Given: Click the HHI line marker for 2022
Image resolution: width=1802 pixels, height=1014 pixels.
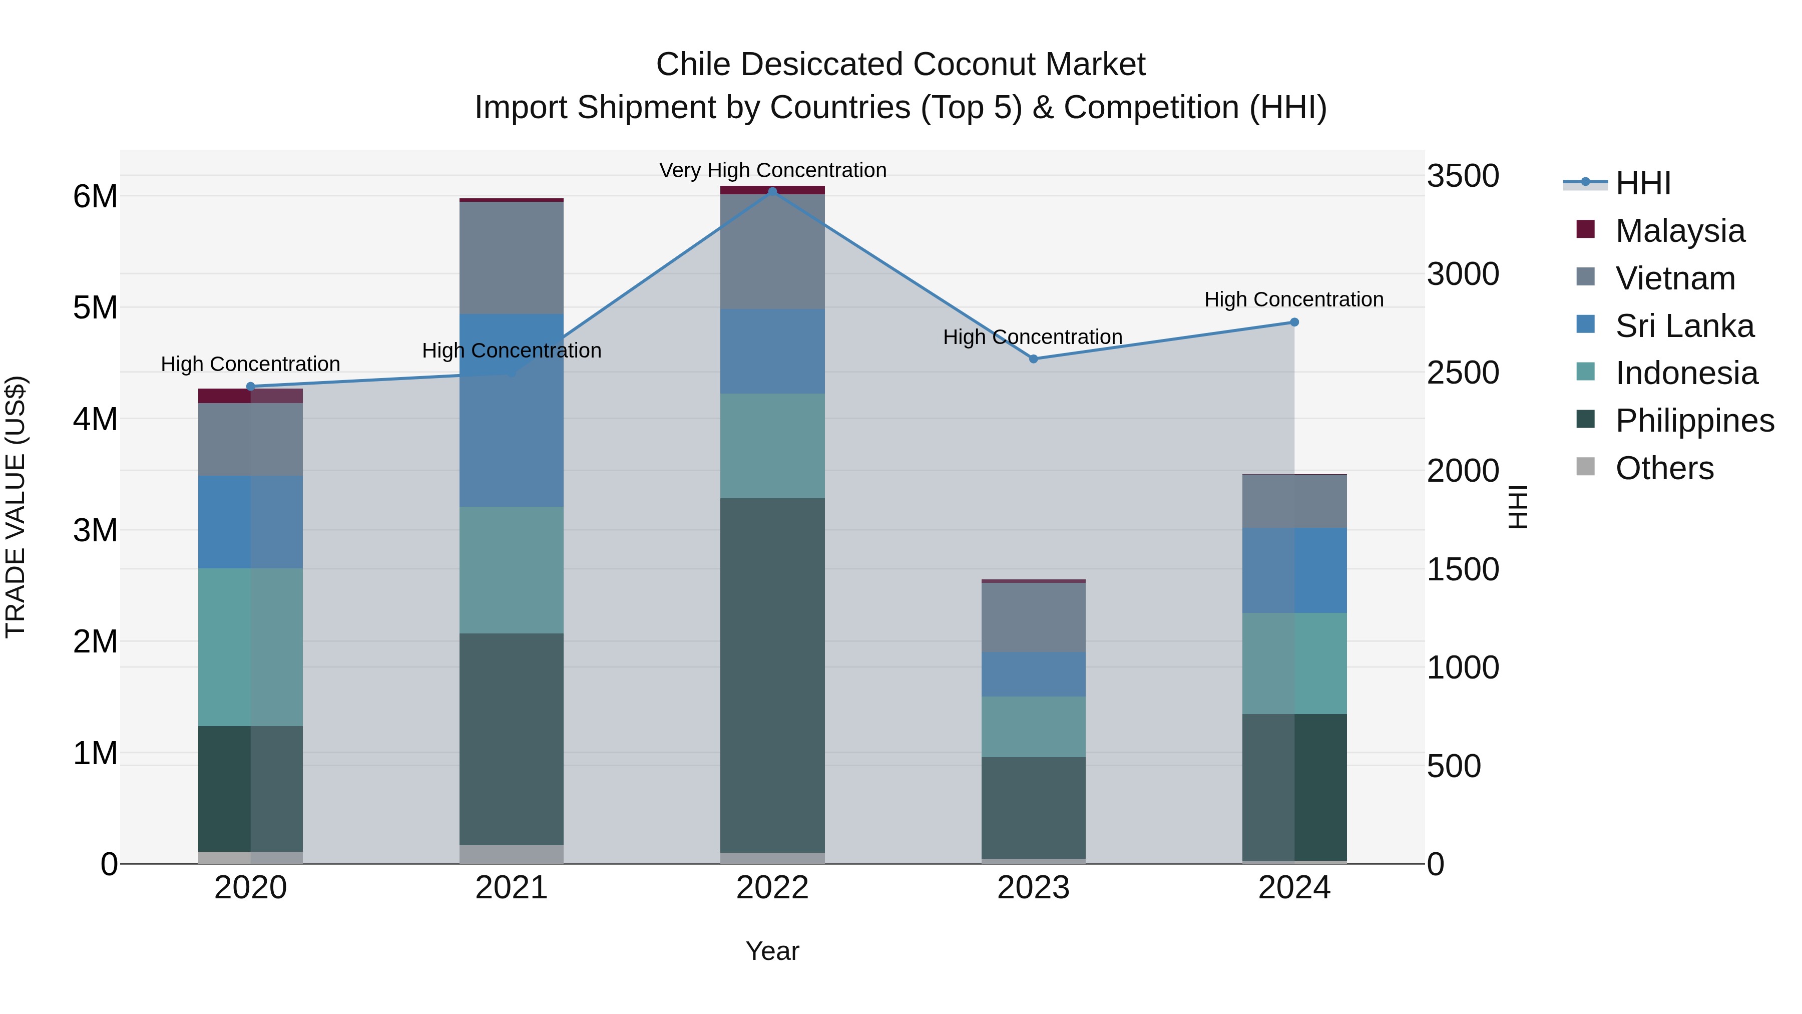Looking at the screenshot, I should point(772,192).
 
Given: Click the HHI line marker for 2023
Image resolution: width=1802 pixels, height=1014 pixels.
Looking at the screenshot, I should point(1033,359).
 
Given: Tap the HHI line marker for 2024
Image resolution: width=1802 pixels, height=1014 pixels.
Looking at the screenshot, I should point(1294,322).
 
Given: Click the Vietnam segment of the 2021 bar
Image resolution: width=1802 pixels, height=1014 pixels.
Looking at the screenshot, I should point(512,257).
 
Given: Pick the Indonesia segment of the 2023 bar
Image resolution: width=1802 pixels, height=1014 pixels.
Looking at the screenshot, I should point(1033,727).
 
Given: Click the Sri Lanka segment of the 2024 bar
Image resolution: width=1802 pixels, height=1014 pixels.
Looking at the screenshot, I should point(1294,570).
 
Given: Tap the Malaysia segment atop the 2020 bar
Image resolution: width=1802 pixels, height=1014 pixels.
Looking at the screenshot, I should point(250,396).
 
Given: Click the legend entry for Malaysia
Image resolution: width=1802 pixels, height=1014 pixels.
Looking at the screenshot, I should point(1679,231).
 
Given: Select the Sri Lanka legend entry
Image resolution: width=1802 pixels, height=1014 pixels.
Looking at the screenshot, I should point(1684,326).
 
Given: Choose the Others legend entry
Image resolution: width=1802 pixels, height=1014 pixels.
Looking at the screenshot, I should point(1663,468).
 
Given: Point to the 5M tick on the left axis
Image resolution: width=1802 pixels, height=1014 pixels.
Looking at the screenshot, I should point(96,308).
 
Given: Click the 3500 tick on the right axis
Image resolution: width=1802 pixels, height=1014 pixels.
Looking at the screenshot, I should point(1462,176).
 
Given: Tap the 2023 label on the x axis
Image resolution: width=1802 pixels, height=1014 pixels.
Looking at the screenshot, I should point(1033,888).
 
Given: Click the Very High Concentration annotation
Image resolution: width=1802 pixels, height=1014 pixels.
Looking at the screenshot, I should point(772,170).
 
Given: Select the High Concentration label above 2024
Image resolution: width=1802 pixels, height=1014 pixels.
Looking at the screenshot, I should point(1293,299).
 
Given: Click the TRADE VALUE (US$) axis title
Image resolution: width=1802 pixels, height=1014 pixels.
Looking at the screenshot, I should point(16,507).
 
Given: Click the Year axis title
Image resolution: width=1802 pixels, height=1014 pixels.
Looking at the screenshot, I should point(772,951).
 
